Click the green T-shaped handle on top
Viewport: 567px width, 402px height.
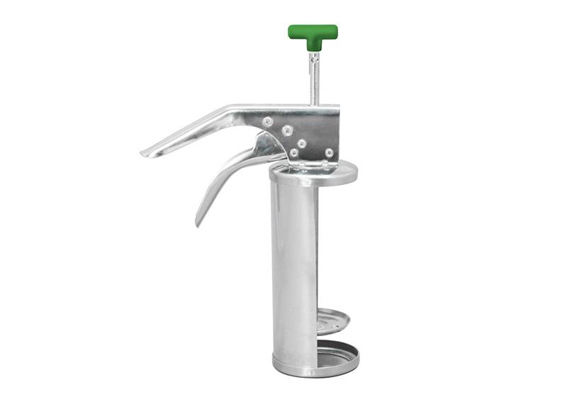313,33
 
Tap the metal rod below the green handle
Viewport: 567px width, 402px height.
314,82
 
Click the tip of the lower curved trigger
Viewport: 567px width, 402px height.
198,222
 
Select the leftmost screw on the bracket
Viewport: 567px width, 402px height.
267,121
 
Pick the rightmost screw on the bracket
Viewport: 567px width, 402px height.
329,152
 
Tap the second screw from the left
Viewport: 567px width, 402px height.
287,130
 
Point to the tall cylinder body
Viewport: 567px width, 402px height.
293,269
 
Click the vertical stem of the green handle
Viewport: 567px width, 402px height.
313,44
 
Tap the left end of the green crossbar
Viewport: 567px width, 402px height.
292,31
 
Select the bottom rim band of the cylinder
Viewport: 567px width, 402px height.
298,369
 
